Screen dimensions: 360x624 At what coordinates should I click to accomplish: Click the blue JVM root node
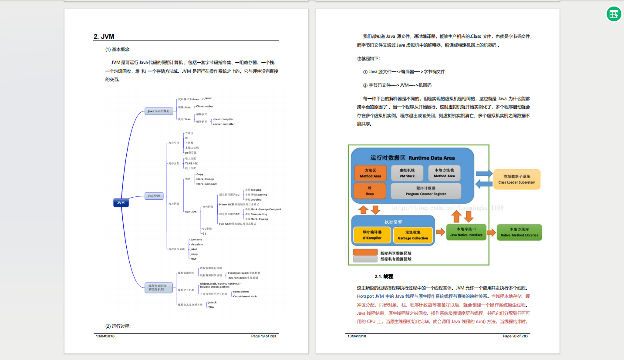121,202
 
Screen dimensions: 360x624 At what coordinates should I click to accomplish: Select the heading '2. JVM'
104,37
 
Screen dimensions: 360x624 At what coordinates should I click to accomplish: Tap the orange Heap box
370,191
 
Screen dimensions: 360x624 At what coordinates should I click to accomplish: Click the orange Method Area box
370,173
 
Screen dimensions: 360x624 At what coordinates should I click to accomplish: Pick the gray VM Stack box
407,173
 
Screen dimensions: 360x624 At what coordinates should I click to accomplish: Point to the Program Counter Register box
425,191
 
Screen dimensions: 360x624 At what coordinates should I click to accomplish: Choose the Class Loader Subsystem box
516,179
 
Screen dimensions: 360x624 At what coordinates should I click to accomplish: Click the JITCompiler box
372,236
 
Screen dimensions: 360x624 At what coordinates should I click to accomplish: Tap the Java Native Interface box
466,232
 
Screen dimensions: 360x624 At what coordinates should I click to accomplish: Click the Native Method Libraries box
519,232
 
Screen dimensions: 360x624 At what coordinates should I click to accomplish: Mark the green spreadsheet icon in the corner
614,14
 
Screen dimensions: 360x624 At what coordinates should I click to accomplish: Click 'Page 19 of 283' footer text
263,336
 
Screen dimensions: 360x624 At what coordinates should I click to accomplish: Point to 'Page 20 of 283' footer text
515,336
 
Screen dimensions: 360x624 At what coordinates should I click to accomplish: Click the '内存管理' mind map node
154,196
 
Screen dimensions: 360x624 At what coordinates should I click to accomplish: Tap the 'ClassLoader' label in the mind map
204,106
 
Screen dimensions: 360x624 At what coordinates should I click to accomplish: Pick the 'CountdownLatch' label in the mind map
245,296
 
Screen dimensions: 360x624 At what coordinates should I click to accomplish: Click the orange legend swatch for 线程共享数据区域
365,252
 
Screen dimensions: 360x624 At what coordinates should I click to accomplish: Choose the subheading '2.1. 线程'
384,276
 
